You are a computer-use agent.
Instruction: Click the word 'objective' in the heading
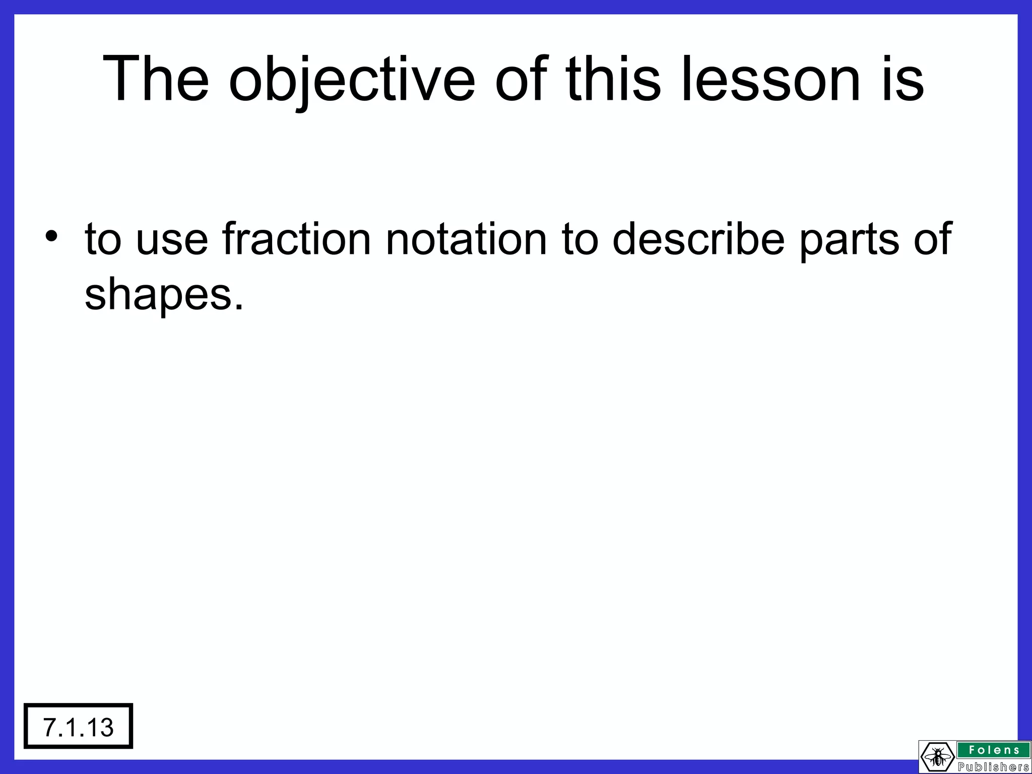point(352,80)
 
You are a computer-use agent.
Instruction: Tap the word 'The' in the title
point(156,80)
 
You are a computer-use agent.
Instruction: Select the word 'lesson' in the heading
point(771,80)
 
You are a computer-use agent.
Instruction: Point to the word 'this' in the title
point(612,80)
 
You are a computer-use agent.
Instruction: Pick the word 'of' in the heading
point(521,80)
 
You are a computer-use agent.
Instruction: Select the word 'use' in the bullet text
point(172,239)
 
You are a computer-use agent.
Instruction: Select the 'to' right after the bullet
point(103,239)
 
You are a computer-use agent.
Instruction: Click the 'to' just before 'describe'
point(580,239)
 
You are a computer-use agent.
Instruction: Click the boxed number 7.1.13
point(78,727)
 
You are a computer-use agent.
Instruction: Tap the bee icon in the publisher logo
point(937,757)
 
